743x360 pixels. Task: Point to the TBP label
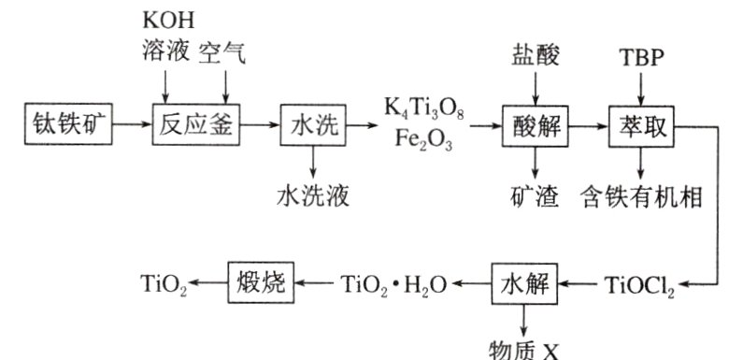(641, 54)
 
